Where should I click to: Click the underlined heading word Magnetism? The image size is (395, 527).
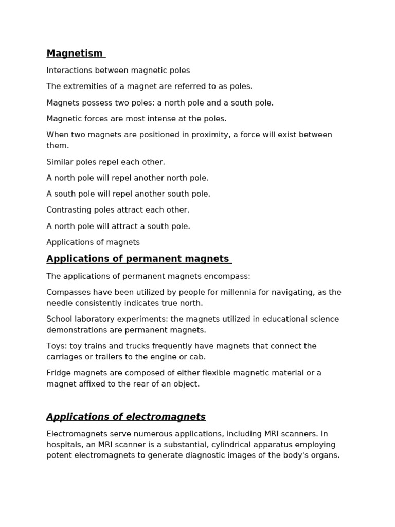[x=75, y=54]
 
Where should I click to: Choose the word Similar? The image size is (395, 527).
[x=60, y=162]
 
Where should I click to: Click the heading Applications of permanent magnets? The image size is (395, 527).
[x=137, y=259]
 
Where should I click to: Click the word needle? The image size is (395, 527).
[x=59, y=303]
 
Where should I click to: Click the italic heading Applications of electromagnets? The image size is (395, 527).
[x=126, y=417]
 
